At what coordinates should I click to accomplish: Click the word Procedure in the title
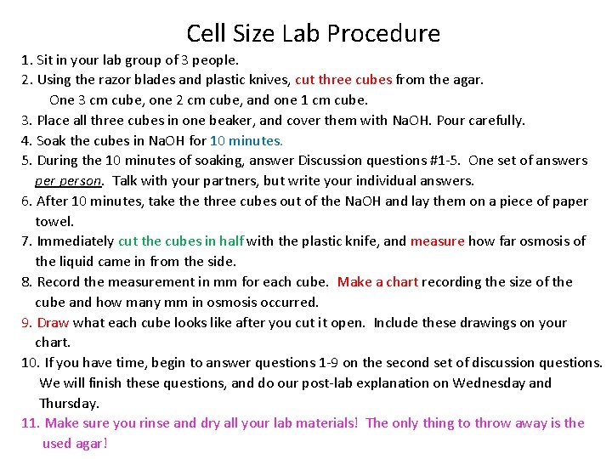coord(382,34)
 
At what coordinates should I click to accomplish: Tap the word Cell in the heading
coord(205,34)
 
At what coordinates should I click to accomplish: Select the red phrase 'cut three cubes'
coord(343,80)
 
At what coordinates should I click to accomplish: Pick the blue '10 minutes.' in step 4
coord(246,140)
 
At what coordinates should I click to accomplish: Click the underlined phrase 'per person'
coord(69,180)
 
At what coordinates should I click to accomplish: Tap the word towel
coord(54,221)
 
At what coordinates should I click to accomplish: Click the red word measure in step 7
coord(437,241)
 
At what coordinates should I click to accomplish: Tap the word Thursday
coord(70,403)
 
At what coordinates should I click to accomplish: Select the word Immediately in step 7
coord(75,241)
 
